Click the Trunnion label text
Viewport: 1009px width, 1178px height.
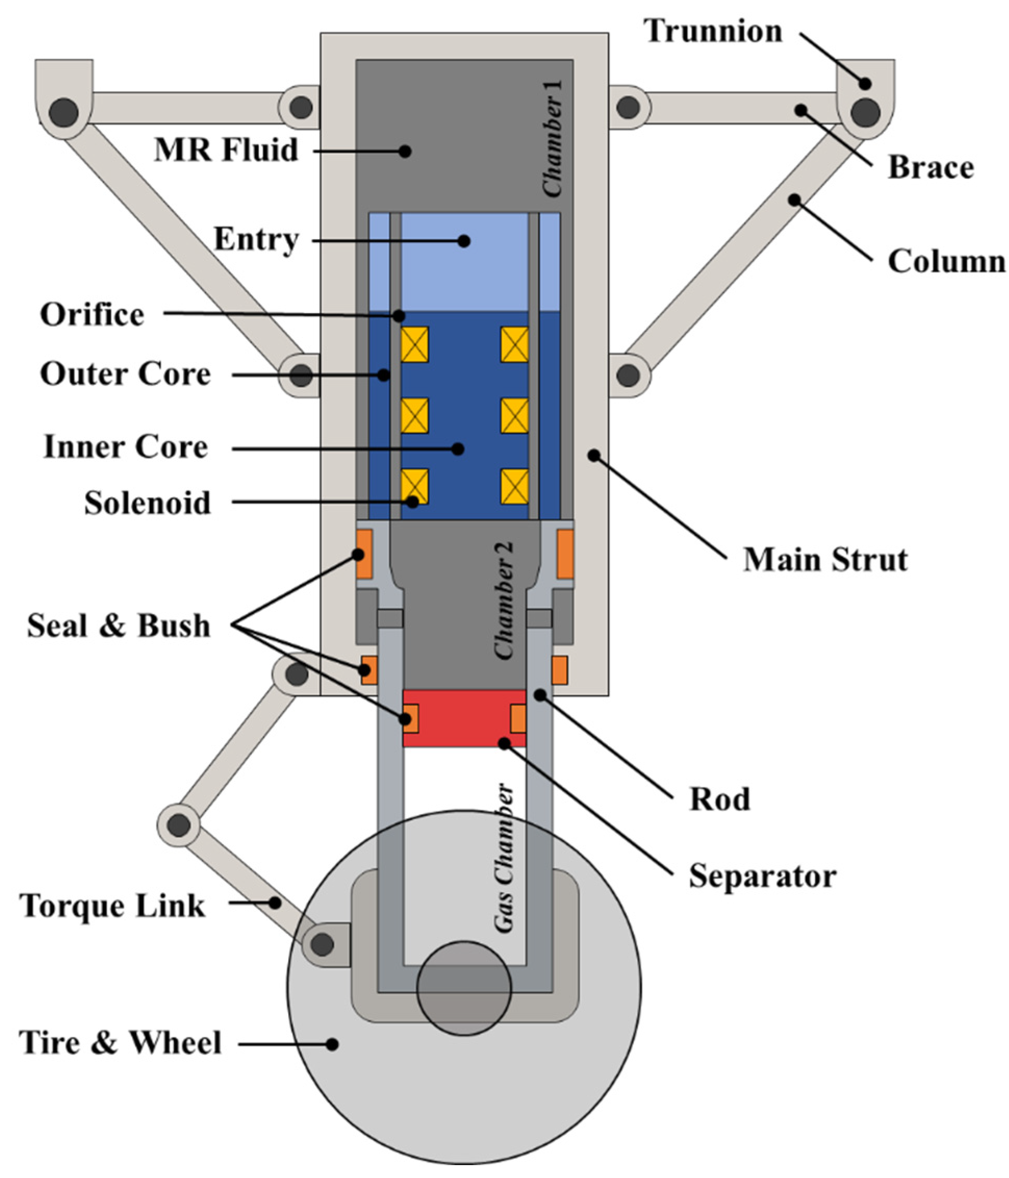pos(713,31)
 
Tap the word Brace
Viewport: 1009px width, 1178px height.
pos(930,168)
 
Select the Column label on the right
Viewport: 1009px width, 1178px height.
pos(947,261)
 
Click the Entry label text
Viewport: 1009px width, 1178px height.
pos(256,240)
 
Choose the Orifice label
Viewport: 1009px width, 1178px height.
pos(92,315)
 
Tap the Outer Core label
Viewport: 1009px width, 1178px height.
pos(125,374)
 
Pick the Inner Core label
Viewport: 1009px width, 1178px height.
pos(126,447)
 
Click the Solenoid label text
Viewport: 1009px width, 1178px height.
pos(148,503)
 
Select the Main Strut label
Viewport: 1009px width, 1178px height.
pos(825,559)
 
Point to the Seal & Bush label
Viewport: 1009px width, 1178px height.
pos(119,626)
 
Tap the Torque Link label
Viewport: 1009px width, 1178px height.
pos(112,905)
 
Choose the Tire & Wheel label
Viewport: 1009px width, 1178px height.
pos(120,1043)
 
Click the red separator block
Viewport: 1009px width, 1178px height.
pos(464,718)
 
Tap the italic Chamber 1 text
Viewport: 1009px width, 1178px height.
pos(552,138)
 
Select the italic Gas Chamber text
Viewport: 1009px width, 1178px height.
pos(505,858)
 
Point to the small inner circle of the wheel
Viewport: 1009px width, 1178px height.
pos(464,988)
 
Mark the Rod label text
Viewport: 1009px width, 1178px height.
pos(719,799)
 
